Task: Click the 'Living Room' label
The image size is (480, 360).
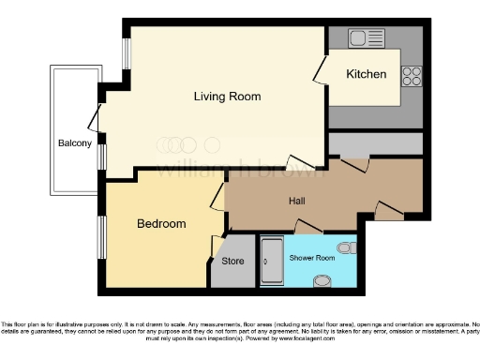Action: (x=227, y=97)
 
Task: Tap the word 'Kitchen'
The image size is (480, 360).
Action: (x=366, y=74)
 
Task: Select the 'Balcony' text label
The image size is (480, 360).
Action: (x=74, y=143)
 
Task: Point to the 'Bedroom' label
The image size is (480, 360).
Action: (x=161, y=224)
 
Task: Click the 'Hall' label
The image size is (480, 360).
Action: (x=298, y=201)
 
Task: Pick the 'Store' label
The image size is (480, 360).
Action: (x=232, y=261)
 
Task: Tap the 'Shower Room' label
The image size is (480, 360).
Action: (x=312, y=257)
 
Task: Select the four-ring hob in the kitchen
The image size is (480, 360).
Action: (x=412, y=75)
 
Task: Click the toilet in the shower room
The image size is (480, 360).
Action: (x=348, y=247)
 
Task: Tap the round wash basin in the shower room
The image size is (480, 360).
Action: (x=322, y=279)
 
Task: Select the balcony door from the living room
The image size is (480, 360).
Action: (x=95, y=118)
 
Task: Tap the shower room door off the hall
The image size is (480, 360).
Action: (x=306, y=225)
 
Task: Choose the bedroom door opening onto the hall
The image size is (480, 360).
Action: (x=217, y=197)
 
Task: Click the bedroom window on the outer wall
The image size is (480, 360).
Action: (x=102, y=238)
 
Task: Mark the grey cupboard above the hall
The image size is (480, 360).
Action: (x=375, y=145)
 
